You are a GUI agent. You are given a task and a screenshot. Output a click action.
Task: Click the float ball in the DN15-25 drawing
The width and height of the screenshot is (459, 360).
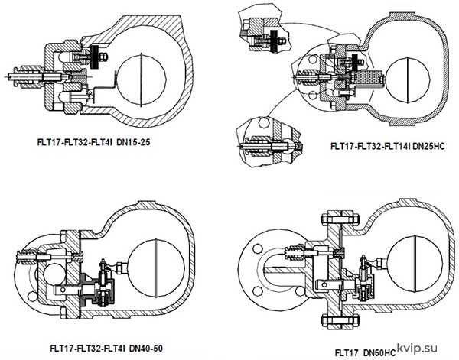[142, 79]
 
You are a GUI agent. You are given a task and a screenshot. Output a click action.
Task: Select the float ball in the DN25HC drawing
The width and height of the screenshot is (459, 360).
[408, 79]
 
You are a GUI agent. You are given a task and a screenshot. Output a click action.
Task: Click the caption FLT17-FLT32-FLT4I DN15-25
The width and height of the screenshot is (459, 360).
[93, 142]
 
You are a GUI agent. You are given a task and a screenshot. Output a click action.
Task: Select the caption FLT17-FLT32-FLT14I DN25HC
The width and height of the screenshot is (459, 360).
[388, 146]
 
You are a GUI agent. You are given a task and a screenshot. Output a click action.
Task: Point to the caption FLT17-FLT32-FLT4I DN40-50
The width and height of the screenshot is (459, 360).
[107, 349]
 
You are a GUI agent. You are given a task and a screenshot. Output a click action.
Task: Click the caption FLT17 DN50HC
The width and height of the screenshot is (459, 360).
[366, 352]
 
